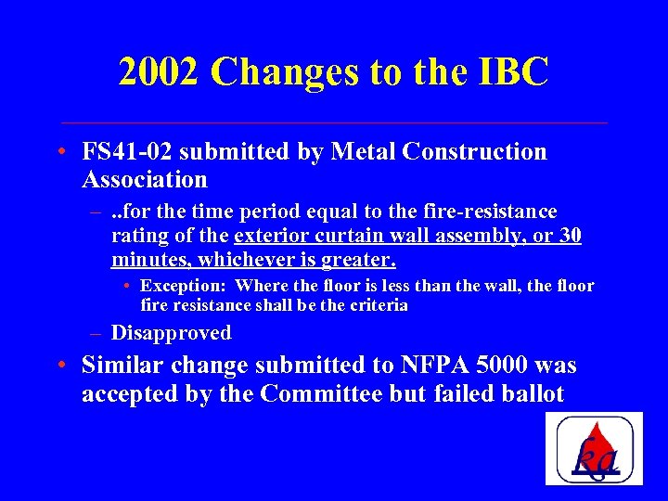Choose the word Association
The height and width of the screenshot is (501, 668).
click(144, 178)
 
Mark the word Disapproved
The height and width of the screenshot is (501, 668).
click(171, 332)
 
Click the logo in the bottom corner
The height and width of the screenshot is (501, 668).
click(594, 449)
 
